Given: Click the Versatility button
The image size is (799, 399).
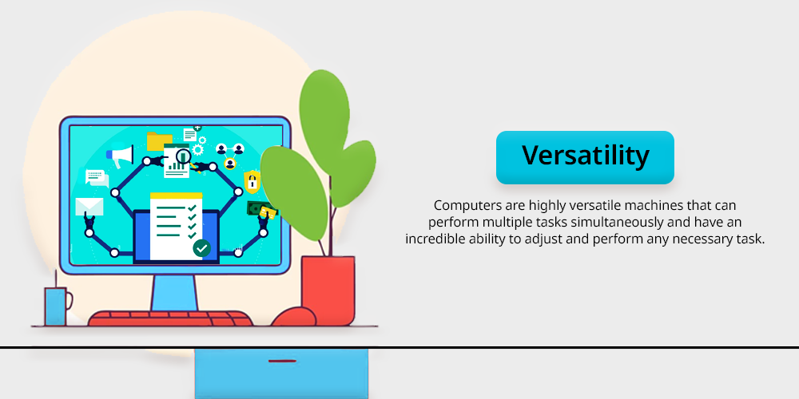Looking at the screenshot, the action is tap(585, 157).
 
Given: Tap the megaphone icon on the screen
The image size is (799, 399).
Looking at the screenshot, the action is tap(121, 156).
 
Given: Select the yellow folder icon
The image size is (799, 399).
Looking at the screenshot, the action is tap(160, 141).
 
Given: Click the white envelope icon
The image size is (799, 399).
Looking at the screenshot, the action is tap(89, 206).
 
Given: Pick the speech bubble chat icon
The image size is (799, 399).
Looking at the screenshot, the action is tap(97, 178).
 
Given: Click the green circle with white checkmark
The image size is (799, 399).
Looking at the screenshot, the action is tap(202, 248).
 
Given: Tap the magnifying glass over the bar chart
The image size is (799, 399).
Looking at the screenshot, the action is tap(182, 156).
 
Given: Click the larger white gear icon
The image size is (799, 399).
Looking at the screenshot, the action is tap(197, 149).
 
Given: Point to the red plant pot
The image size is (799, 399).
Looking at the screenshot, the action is tap(328, 290).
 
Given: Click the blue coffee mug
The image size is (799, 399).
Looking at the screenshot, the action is tap(58, 306).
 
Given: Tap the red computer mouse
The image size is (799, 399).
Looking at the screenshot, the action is tap(293, 317).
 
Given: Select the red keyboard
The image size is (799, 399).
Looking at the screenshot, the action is tap(171, 318).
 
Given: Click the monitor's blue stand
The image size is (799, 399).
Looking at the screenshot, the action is tap(174, 292).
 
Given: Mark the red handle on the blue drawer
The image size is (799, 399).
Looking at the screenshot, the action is tap(282, 361).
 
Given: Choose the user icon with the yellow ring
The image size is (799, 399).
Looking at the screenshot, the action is tap(230, 164).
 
